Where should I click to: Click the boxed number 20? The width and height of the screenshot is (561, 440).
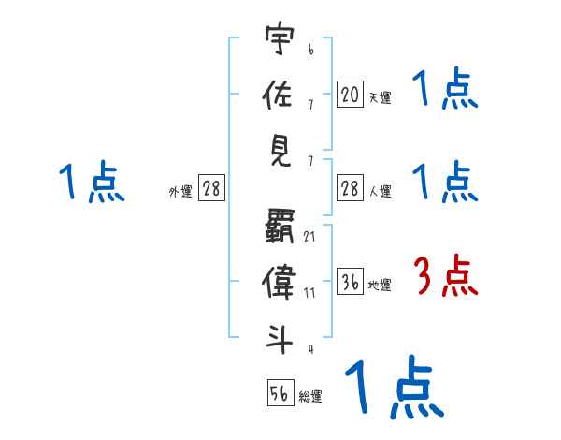(x=350, y=94)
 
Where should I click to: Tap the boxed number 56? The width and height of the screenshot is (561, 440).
(x=280, y=394)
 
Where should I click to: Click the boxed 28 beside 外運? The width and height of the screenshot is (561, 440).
(x=211, y=188)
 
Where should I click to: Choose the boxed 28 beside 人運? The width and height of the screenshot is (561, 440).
(x=350, y=188)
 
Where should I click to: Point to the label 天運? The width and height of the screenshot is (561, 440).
(x=380, y=96)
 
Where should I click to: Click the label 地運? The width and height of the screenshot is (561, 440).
(x=380, y=285)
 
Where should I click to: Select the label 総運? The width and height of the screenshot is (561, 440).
(x=310, y=397)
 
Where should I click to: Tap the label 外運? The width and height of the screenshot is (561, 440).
(x=180, y=191)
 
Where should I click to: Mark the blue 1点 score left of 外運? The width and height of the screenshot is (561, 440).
(x=92, y=183)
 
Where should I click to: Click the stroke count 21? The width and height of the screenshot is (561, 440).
(x=309, y=236)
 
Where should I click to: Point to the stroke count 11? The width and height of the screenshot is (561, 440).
(x=309, y=293)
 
